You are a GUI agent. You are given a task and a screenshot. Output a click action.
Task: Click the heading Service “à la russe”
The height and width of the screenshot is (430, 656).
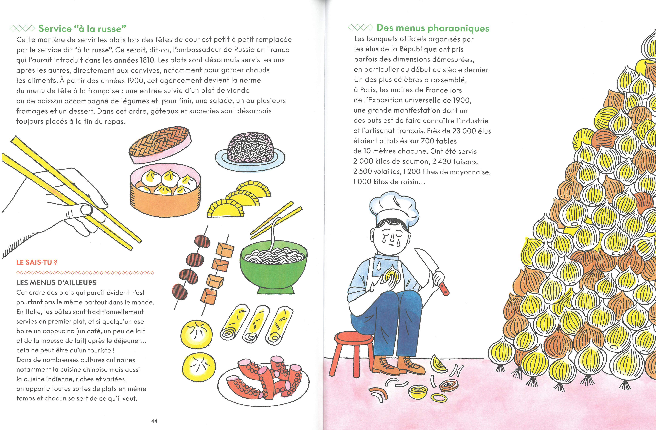pos(82,28)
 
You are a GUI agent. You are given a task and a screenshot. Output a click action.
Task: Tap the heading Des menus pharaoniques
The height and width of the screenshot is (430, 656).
pos(433,28)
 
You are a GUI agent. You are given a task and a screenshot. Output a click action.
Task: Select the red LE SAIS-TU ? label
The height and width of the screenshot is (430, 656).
pos(37,262)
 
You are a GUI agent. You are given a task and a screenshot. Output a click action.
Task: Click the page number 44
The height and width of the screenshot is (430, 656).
pos(154,421)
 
